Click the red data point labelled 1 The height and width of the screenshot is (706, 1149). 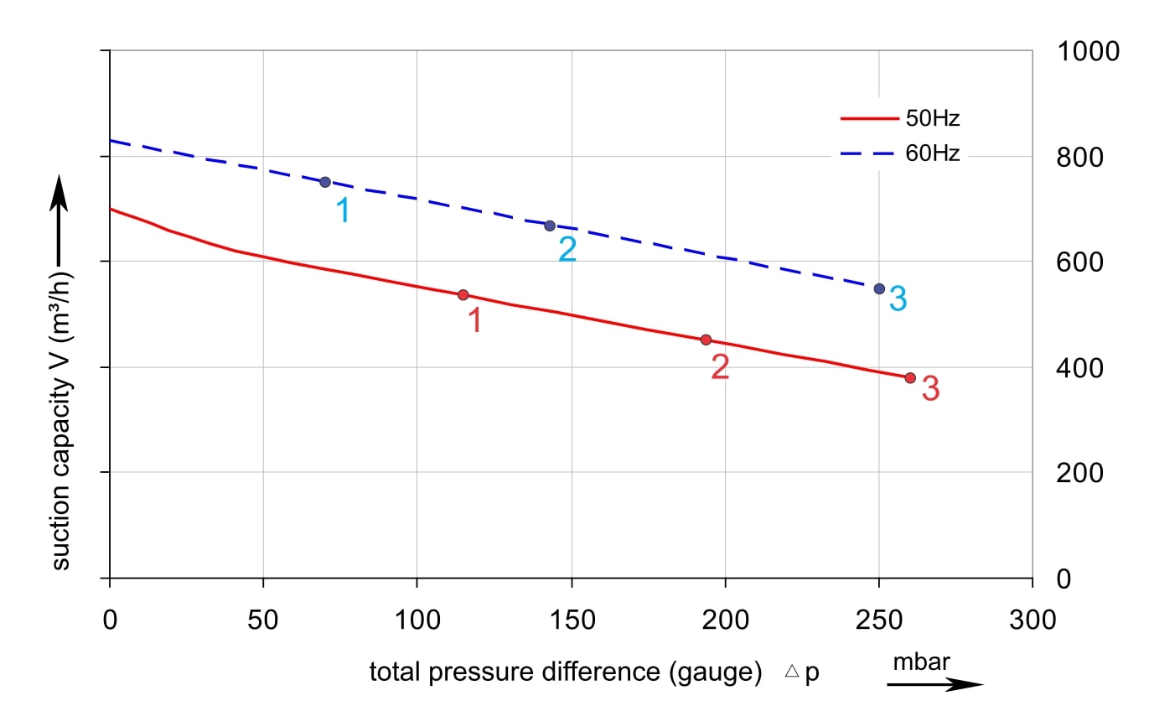click(x=463, y=295)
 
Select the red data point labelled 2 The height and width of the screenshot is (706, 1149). click(x=706, y=340)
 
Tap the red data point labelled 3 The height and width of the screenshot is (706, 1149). click(x=910, y=377)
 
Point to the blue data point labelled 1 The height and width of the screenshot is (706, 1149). click(x=325, y=182)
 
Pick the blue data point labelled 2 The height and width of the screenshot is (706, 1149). click(x=550, y=226)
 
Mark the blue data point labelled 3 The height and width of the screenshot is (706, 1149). click(x=879, y=288)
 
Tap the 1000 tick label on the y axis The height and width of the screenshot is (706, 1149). click(x=1088, y=52)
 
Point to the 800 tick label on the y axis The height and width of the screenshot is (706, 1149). click(x=1080, y=158)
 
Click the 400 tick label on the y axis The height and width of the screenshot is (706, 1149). click(x=1080, y=368)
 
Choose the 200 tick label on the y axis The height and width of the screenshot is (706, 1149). click(x=1080, y=474)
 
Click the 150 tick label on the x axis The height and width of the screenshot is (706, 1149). click(x=571, y=620)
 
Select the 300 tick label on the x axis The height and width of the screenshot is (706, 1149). click(x=1033, y=620)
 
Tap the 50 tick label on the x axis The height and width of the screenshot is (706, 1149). click(x=263, y=620)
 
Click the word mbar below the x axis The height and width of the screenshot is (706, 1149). click(x=921, y=662)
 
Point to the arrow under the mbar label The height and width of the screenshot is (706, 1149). click(x=934, y=685)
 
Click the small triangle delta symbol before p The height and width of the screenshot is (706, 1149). click(x=790, y=672)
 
